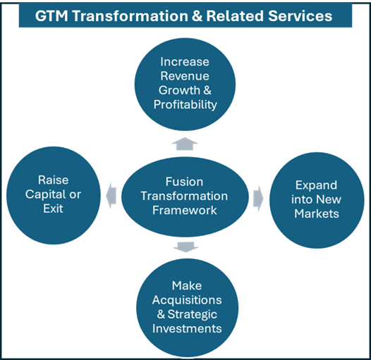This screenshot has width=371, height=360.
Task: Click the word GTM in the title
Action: [51, 16]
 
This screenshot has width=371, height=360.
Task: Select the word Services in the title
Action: [300, 16]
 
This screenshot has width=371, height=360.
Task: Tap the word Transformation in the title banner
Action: [130, 16]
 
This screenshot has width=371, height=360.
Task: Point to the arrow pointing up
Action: [185, 144]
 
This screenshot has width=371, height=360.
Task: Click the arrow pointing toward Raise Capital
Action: [111, 195]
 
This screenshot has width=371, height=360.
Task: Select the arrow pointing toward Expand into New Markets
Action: [258, 199]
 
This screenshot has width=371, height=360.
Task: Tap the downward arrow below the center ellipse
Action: [185, 247]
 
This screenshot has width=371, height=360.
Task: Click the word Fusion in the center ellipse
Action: [184, 182]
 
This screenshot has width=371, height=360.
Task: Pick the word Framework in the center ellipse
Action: [185, 210]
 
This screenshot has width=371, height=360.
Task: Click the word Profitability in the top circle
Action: [185, 104]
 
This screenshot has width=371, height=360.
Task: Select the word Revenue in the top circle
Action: [185, 76]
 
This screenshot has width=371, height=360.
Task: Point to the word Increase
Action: [185, 62]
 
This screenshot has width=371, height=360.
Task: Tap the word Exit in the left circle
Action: [53, 209]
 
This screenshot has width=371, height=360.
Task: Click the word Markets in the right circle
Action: [317, 213]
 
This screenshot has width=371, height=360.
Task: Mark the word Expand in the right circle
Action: [317, 185]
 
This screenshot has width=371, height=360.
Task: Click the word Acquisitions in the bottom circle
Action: [187, 300]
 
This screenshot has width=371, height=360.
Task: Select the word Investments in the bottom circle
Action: [187, 328]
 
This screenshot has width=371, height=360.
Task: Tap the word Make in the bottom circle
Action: [187, 285]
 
